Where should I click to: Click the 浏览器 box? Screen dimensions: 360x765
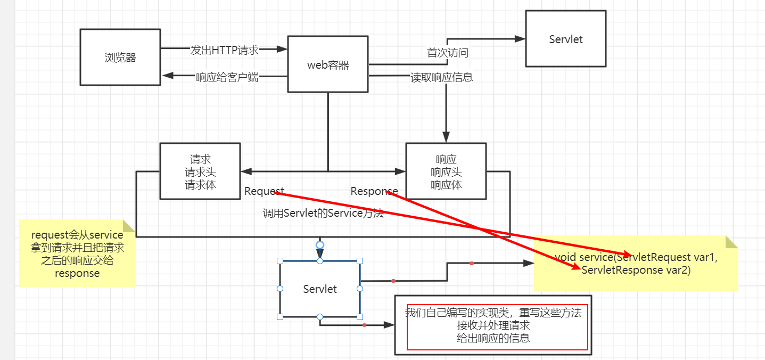point(120,58)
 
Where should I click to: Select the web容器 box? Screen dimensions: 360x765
point(328,64)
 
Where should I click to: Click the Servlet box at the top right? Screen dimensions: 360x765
point(565,39)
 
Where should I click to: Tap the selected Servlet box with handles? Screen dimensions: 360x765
point(320,289)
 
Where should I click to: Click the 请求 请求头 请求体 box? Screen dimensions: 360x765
point(200,171)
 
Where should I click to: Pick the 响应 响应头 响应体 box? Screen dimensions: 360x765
point(446,171)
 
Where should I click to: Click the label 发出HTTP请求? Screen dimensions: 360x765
point(224,50)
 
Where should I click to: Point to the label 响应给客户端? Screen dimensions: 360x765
point(227,77)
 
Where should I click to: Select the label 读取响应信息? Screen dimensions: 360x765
point(441,77)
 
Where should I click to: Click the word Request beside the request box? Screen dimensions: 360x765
point(264,191)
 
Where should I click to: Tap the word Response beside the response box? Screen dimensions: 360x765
point(374,191)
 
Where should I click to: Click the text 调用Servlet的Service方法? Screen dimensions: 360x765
point(323,214)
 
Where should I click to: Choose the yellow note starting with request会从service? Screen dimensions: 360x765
point(77,253)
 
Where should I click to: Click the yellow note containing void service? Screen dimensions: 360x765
point(636,264)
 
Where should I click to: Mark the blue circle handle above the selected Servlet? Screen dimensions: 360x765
point(320,245)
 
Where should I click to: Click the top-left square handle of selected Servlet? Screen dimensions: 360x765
point(280,261)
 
